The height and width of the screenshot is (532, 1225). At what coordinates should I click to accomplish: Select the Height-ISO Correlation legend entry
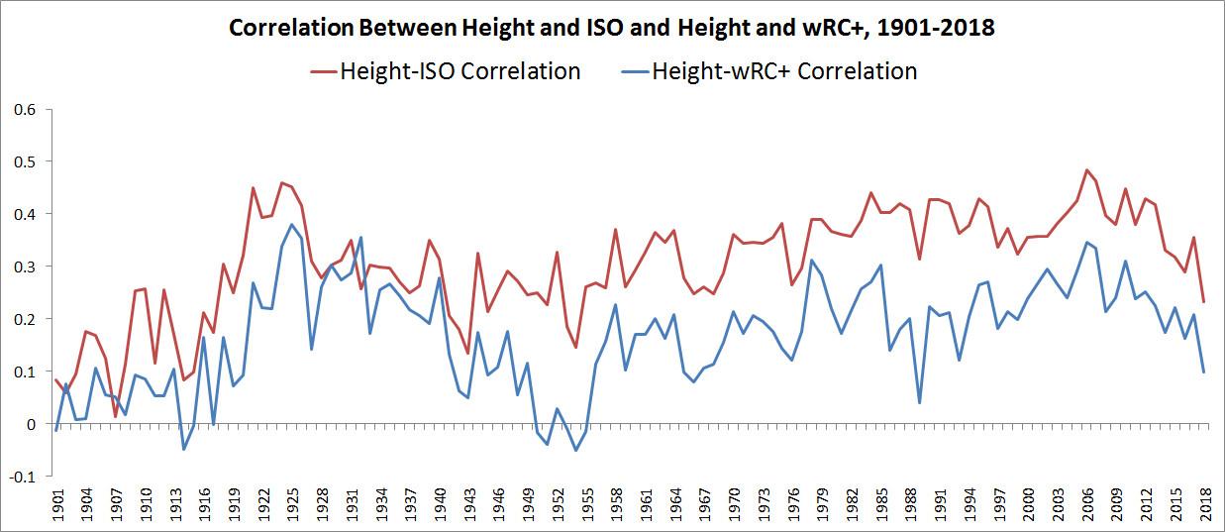click(459, 71)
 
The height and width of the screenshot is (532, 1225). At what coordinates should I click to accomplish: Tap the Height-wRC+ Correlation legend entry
click(783, 71)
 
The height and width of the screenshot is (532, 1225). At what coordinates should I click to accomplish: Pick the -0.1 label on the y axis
click(21, 477)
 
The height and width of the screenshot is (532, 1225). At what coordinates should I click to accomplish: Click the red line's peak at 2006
click(1086, 170)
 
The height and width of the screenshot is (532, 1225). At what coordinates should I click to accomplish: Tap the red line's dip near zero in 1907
click(116, 416)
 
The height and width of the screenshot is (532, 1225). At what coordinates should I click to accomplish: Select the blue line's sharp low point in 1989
click(920, 402)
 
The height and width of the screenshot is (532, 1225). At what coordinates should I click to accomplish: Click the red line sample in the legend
click(324, 71)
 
